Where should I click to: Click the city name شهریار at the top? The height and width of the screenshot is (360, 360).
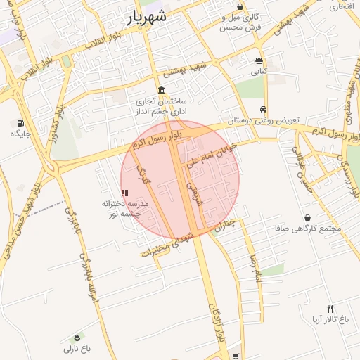click(x=147, y=18)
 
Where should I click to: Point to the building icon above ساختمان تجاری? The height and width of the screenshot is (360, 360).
click(x=162, y=91)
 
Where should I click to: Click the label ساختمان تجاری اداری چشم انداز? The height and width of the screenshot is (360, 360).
click(x=162, y=106)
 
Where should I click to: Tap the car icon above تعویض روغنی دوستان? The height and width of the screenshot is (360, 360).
click(x=263, y=109)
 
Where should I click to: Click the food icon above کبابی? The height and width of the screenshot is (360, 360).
click(x=259, y=61)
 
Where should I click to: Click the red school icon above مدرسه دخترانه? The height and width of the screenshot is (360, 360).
click(x=124, y=192)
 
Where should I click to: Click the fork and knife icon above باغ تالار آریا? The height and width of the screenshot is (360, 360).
click(x=330, y=309)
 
